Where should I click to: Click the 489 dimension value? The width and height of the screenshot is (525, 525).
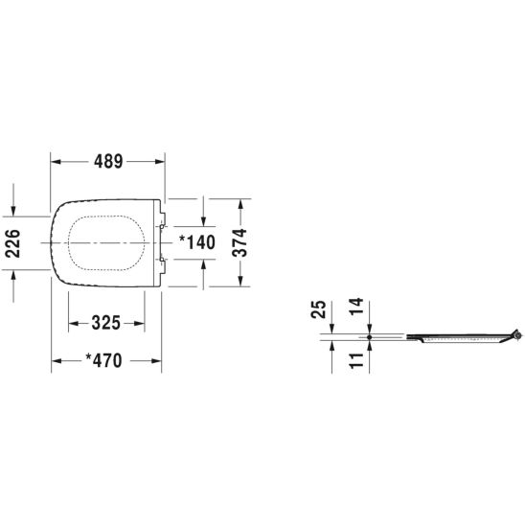(108, 161)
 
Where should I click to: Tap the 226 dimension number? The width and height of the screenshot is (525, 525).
(13, 243)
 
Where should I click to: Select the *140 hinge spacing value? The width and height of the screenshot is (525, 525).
(197, 242)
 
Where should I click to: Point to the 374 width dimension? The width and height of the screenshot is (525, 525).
(240, 242)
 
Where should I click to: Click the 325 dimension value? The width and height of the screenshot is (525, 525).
(105, 323)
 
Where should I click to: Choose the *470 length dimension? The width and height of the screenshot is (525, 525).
(104, 360)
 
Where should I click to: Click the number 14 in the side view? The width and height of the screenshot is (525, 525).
(356, 306)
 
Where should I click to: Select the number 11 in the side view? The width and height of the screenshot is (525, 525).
(356, 360)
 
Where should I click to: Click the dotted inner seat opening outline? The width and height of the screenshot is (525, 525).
(106, 216)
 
